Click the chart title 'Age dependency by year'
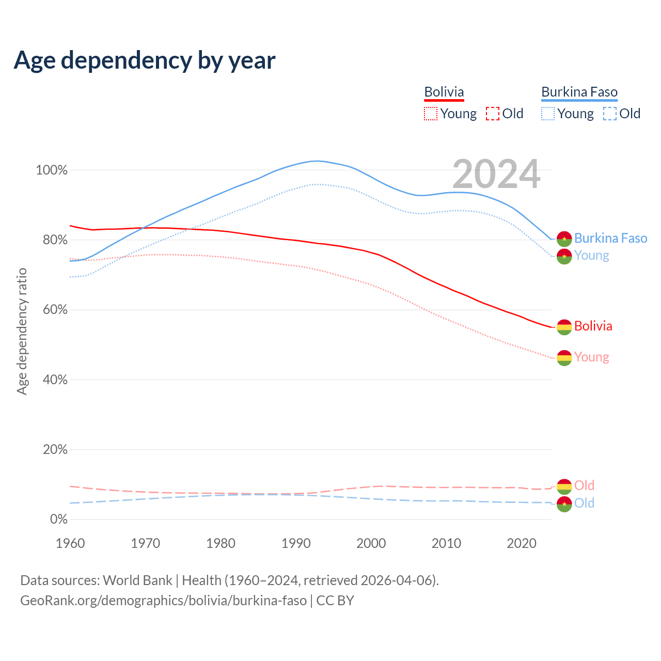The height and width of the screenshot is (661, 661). pyautogui.click(x=145, y=60)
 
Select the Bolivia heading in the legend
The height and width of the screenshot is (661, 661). pyautogui.click(x=444, y=92)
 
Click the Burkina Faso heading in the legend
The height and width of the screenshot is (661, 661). pyautogui.click(x=579, y=92)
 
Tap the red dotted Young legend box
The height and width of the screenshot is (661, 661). pyautogui.click(x=431, y=114)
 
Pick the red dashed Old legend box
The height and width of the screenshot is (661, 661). pyautogui.click(x=493, y=114)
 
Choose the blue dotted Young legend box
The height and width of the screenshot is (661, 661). pyautogui.click(x=548, y=114)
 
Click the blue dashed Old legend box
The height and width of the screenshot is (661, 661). pyautogui.click(x=610, y=114)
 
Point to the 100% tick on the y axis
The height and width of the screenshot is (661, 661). pyautogui.click(x=52, y=170)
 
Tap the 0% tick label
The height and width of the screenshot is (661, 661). pyautogui.click(x=59, y=520)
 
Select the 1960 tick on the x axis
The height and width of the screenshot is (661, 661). pyautogui.click(x=70, y=543)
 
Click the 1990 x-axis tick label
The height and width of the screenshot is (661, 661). pyautogui.click(x=296, y=543)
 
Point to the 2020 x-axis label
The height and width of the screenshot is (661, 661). pyautogui.click(x=522, y=543)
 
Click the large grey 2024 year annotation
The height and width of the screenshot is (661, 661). pyautogui.click(x=496, y=175)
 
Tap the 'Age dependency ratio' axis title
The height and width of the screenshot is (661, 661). pyautogui.click(x=22, y=331)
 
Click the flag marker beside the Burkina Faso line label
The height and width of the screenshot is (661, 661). pyautogui.click(x=564, y=239)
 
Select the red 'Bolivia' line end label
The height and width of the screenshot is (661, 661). pyautogui.click(x=593, y=326)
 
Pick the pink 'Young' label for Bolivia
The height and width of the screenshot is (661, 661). pyautogui.click(x=591, y=357)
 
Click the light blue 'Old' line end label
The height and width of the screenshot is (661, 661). pyautogui.click(x=584, y=503)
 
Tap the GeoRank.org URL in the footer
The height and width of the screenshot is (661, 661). pyautogui.click(x=163, y=601)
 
